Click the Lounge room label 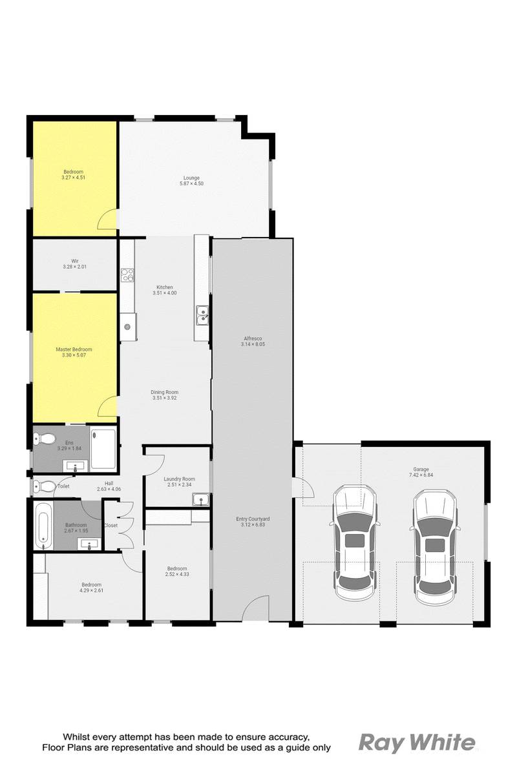191,178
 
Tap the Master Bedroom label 74,349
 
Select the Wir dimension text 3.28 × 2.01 74,267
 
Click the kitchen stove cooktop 127,275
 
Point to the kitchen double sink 202,315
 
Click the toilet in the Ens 45,439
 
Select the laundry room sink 200,500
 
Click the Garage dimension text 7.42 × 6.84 421,475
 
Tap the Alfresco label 253,338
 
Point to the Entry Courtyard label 253,519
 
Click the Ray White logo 417,742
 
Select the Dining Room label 165,392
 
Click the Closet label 111,525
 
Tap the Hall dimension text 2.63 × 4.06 109,489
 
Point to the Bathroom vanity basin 89,544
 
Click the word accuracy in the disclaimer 279,737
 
